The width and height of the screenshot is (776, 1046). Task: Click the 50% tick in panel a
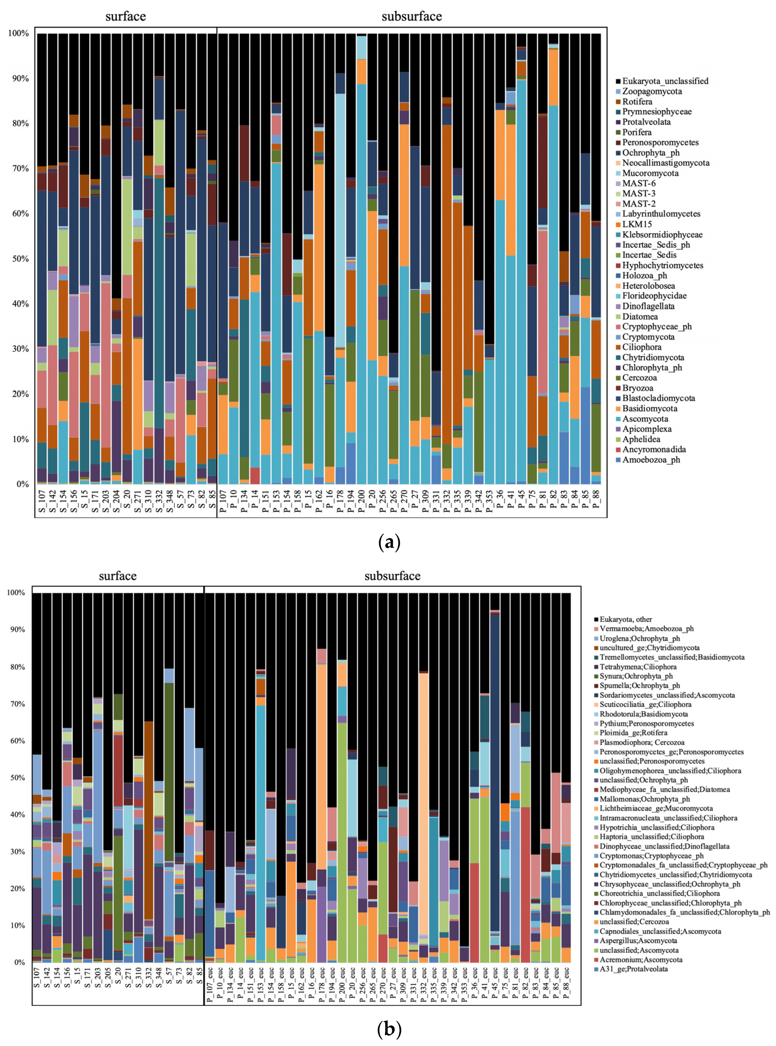click(19, 259)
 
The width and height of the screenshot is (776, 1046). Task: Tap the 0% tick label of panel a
click(21, 484)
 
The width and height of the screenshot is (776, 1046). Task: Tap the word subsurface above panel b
click(392, 576)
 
